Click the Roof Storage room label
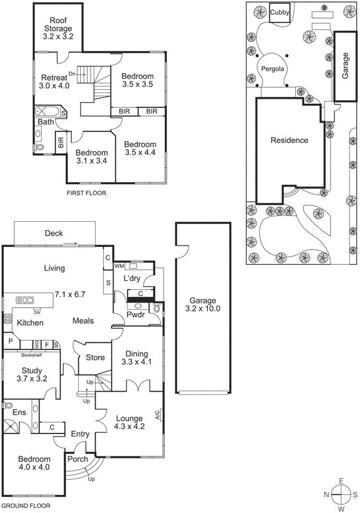click(x=58, y=28)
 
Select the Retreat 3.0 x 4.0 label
click(x=54, y=81)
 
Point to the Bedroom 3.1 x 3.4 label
click(x=90, y=157)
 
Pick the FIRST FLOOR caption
click(x=86, y=192)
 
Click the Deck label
click(x=54, y=233)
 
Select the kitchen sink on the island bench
click(x=26, y=299)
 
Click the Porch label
click(x=78, y=459)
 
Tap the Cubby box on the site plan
click(x=280, y=12)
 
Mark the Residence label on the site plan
click(x=289, y=140)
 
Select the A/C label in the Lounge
click(x=157, y=414)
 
